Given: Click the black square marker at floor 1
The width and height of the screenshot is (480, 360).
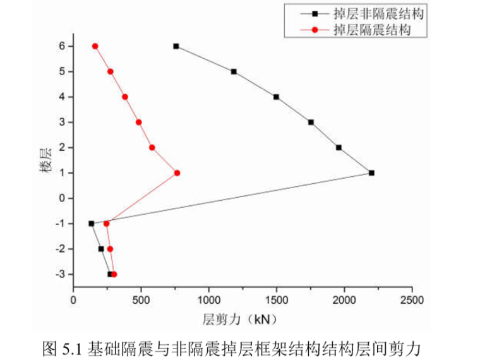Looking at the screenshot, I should point(371,172).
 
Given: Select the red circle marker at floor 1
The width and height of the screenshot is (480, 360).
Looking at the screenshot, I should point(177,172).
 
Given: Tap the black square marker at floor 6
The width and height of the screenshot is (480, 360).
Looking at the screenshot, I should point(176,46).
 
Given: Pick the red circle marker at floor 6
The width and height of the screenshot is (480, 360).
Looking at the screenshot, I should point(95,46).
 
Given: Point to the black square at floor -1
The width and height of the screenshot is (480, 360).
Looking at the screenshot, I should point(92,223).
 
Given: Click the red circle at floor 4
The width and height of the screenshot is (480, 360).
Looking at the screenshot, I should point(125,97).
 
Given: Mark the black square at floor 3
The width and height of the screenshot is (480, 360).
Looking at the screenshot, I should point(311,122).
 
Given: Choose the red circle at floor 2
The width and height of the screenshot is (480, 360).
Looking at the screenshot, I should point(152,147).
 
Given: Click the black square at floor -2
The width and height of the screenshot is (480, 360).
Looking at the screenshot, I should point(101,249).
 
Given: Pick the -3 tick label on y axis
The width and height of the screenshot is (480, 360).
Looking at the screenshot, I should point(60,274).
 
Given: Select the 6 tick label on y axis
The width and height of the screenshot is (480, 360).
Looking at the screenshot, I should point(62,46).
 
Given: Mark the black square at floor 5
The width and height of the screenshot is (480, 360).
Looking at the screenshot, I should point(234,71).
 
